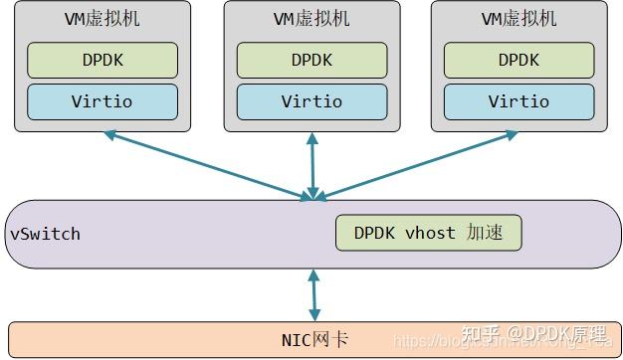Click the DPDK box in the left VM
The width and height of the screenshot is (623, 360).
pos(102,60)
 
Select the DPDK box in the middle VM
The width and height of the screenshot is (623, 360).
pos(311,60)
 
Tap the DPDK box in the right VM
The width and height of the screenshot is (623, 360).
pos(519,60)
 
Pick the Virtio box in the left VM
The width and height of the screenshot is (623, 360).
pos(102,101)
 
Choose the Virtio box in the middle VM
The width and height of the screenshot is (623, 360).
pos(311,101)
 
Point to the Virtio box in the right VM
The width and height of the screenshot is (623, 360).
pos(519,101)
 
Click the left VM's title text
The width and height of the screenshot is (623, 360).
pos(102,19)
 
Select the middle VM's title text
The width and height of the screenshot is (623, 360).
pos(311,19)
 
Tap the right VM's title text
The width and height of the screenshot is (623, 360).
pos(519,19)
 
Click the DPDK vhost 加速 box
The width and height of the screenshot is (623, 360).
pos(428,234)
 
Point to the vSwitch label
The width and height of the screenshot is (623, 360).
pos(45,235)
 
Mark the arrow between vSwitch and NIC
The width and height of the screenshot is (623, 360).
pos(314,295)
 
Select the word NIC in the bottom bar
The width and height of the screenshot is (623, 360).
pos(297,340)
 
